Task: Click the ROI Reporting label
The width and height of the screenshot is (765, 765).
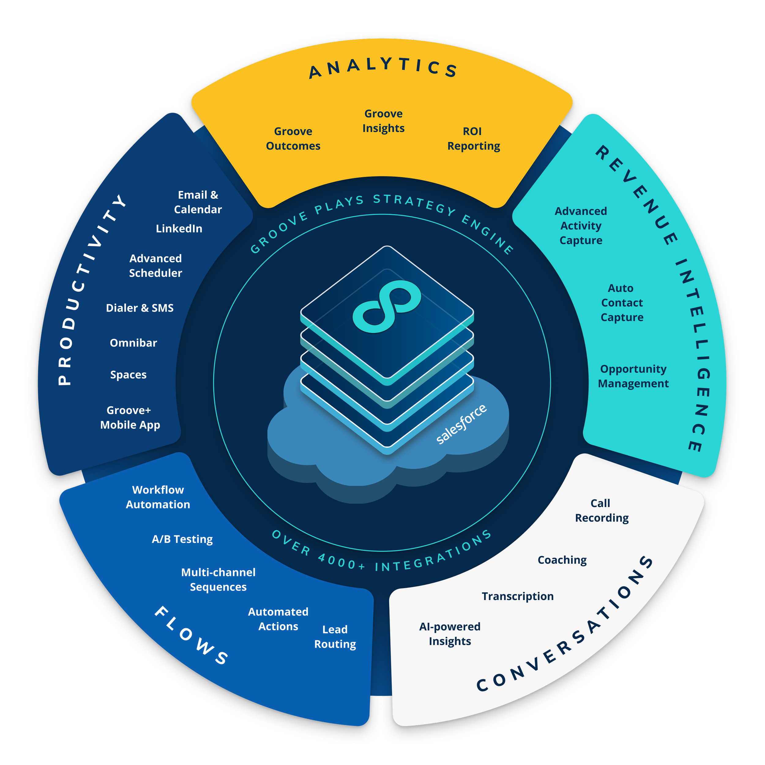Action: [x=473, y=139]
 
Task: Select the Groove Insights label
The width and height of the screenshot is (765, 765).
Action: [x=383, y=121]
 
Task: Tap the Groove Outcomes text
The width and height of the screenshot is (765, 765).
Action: [x=293, y=139]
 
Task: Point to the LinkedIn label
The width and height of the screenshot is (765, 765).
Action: [x=179, y=229]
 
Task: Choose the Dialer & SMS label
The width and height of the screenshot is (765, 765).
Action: [x=140, y=308]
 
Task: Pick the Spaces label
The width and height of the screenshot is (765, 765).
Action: [x=128, y=375]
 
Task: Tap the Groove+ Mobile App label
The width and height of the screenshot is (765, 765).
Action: [x=130, y=417]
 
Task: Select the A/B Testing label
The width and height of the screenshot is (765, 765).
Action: [x=182, y=539]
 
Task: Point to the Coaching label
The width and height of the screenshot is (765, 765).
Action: [x=562, y=560]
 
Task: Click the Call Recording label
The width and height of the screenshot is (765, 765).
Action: [x=602, y=510]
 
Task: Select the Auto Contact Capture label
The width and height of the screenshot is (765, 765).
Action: [x=622, y=303]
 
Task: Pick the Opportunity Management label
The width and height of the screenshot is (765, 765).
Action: [x=633, y=376]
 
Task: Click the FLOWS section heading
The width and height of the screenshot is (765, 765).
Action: [x=191, y=635]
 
